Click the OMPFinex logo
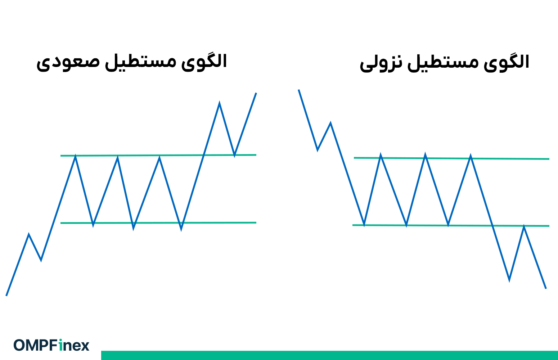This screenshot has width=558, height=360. (51, 345)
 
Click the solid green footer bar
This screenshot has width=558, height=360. (329, 355)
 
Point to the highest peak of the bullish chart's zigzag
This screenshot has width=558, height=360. (219, 104)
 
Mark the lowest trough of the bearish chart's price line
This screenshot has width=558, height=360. (509, 280)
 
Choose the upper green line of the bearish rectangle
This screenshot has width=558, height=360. (511, 158)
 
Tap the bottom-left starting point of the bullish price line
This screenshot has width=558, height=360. (6, 296)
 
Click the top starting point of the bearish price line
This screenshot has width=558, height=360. (298, 90)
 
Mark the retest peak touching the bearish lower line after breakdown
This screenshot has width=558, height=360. (524, 226)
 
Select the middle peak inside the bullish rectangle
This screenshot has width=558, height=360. (117, 157)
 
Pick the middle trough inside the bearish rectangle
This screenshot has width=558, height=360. (406, 225)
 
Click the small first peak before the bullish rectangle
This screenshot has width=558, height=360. (29, 234)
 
